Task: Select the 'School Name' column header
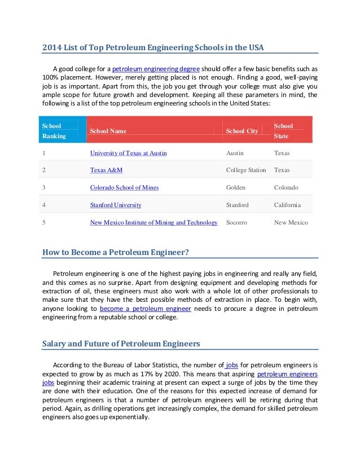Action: coord(108,131)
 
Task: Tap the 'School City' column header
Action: coord(242,131)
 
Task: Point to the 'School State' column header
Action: coord(284,131)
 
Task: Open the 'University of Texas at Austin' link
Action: coord(128,153)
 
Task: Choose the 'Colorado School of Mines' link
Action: coord(124,187)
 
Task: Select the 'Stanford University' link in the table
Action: coord(116,205)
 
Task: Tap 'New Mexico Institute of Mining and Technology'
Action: coord(153,222)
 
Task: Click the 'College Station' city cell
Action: coord(246,170)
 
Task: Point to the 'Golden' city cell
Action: coord(236,187)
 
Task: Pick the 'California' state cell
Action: coord(287,205)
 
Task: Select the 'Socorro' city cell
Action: coord(236,222)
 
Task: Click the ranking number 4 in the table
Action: coord(44,205)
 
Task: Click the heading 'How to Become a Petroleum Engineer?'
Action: coord(115,252)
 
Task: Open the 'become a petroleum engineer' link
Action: coord(146,309)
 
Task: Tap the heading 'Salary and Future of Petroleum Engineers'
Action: coord(121,343)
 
